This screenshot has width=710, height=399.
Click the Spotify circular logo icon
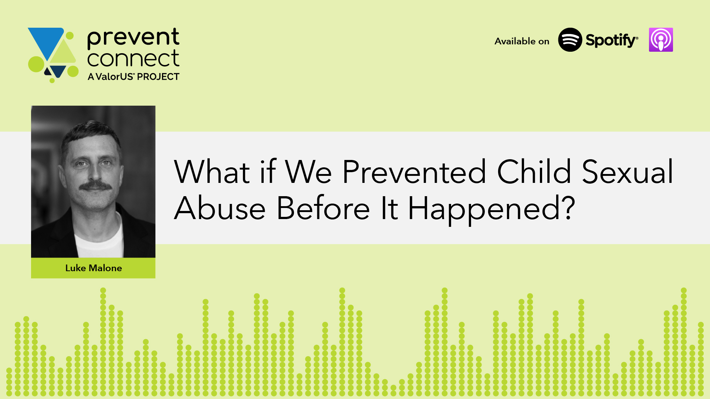(x=570, y=40)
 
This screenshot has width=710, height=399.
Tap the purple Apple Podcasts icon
(x=661, y=40)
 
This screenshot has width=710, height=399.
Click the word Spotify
(x=612, y=40)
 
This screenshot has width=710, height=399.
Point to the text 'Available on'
(x=522, y=41)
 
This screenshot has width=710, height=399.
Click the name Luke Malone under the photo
(x=94, y=268)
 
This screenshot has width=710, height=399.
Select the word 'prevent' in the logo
(x=133, y=38)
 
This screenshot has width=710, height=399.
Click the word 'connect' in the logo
(x=133, y=58)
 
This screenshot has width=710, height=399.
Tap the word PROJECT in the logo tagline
(x=158, y=76)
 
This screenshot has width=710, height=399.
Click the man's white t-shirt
(x=99, y=240)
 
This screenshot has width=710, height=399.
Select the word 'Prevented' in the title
(x=414, y=172)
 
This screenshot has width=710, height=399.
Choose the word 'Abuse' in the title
(x=220, y=208)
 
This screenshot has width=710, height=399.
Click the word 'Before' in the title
(x=323, y=208)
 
